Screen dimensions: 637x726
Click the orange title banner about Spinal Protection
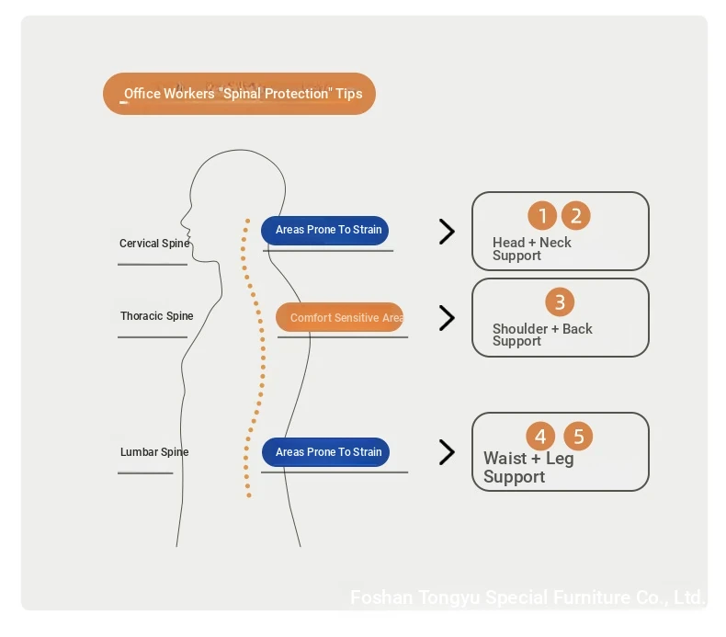click(x=239, y=94)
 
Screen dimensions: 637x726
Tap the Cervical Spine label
click(x=154, y=244)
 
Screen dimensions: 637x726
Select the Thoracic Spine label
click(x=156, y=316)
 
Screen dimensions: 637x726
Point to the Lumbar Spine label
click(x=154, y=452)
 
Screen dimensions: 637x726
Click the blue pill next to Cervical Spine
click(x=325, y=230)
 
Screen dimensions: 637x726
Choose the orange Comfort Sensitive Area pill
click(x=340, y=318)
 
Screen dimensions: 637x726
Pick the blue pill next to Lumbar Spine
click(x=326, y=452)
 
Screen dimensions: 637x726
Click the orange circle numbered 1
click(x=542, y=216)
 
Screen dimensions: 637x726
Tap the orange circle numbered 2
click(x=576, y=216)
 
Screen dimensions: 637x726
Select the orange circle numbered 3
click(x=559, y=301)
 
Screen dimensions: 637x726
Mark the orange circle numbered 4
click(x=540, y=436)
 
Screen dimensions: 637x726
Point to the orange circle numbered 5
click(x=578, y=436)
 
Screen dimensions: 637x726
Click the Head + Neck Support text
click(x=531, y=249)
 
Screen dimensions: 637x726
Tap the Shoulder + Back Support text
click(x=542, y=335)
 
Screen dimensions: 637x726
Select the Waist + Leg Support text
click(x=527, y=467)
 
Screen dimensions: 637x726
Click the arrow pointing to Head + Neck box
click(x=447, y=232)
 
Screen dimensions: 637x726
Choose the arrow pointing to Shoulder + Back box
click(x=447, y=318)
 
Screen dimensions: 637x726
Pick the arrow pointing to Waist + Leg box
click(x=447, y=452)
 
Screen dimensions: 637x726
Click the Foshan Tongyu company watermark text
click(x=527, y=597)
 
